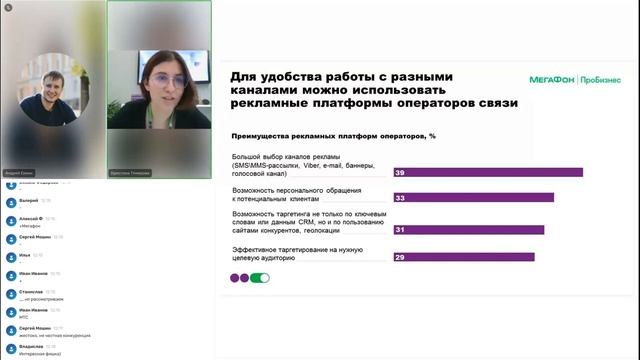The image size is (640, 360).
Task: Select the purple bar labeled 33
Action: click(x=473, y=198)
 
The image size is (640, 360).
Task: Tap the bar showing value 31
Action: click(x=468, y=230)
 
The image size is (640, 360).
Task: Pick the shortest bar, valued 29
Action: click(x=463, y=258)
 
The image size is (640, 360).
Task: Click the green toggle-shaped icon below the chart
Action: click(x=260, y=278)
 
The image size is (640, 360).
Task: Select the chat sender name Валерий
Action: click(x=31, y=199)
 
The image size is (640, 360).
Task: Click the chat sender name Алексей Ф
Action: click(x=32, y=217)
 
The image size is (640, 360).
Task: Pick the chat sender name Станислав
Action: click(x=32, y=291)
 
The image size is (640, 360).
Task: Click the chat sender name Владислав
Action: click(x=33, y=346)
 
